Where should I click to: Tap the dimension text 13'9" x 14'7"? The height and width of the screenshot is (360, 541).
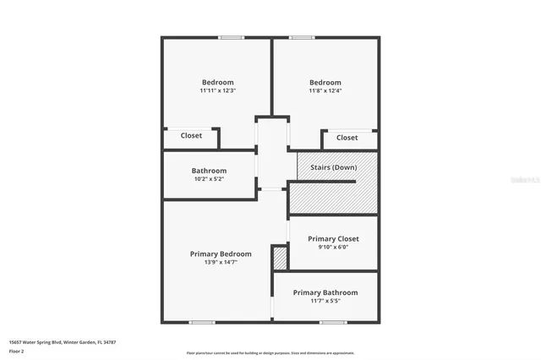coord(220,262)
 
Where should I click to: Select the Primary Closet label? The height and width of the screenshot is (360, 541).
coord(333,239)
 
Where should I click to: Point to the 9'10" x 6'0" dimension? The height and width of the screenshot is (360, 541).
coord(333,248)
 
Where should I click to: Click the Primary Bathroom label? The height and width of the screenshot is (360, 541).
coord(325,292)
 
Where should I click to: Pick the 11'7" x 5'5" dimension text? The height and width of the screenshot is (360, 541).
coord(325,300)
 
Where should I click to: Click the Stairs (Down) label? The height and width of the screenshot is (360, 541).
coord(332,166)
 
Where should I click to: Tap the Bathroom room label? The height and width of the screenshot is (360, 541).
coord(209,171)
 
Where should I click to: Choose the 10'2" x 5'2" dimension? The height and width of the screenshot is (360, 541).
coord(209,179)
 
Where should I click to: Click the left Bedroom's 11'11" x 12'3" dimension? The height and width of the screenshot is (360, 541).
coord(217,90)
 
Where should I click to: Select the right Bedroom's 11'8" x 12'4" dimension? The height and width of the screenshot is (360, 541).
coord(325,90)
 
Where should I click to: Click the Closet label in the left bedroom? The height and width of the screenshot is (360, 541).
coord(191,135)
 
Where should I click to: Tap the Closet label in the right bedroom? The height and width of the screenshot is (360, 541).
coord(347,137)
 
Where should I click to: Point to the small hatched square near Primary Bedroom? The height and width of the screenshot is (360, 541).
coord(280,258)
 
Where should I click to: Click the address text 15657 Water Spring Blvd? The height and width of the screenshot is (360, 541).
coord(62,342)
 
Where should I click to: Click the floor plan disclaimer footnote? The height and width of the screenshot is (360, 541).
coord(270,352)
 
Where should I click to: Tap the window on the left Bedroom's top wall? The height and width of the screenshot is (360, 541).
coord(232,37)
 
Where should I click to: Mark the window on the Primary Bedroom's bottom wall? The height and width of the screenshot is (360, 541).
coord(201,322)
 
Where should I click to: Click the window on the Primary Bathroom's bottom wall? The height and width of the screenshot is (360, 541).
coord(330,322)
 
